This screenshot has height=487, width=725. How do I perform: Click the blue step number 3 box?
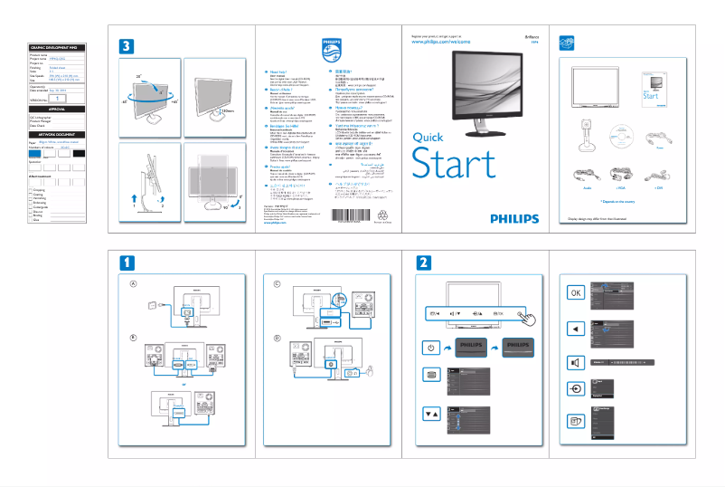(129, 45)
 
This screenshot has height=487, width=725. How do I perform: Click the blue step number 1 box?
(129, 262)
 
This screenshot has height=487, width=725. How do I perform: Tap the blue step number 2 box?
(423, 262)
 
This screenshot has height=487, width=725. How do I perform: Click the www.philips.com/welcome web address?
(443, 42)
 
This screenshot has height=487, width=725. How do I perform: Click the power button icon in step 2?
(431, 348)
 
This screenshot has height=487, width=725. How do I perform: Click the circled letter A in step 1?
(134, 282)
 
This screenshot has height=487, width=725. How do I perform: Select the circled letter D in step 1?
(280, 339)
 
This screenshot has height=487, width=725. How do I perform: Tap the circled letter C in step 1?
(280, 282)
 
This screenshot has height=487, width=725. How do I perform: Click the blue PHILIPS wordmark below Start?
(513, 218)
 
